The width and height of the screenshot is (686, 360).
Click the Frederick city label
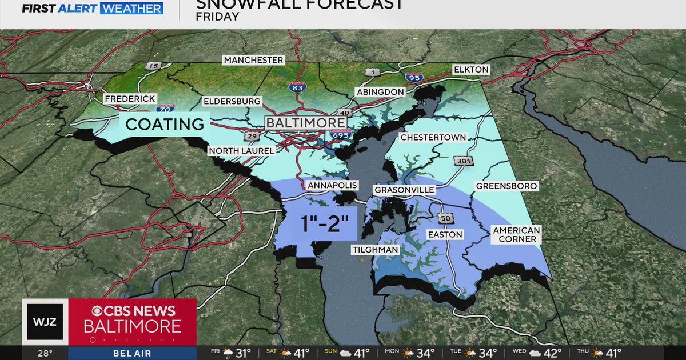pos(130,99)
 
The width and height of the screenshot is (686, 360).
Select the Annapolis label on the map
pos(332,185)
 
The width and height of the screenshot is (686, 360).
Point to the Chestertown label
pos(433,137)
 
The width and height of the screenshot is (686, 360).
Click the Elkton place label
pos(471,69)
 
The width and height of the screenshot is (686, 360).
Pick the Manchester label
pos(253,60)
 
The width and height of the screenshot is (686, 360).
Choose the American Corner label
pos(517,234)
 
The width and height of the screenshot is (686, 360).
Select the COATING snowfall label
pos(165,123)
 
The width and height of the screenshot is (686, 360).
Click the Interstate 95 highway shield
pos(414,77)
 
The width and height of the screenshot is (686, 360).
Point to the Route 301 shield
pos(463,161)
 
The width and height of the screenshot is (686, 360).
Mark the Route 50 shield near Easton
pos(446,218)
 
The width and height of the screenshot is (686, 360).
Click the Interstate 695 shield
pos(337,135)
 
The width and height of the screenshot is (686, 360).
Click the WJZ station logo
pos(45,321)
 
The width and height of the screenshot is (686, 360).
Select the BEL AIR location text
pos(131,354)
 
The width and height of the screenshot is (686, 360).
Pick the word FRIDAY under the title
pos(217,17)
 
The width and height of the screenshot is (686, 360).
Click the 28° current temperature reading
pos(45,353)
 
